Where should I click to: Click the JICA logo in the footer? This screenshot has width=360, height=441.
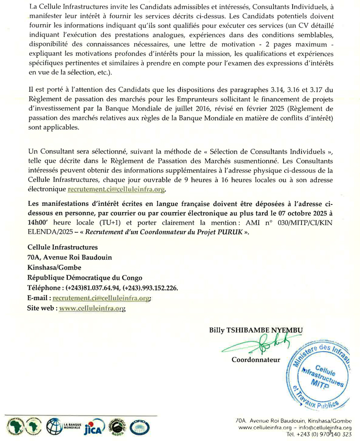[95, 427]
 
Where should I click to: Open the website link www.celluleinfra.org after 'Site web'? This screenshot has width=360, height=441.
[92, 308]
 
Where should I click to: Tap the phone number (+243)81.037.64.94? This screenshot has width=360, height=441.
[98, 288]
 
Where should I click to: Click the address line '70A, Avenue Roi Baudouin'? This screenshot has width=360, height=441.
[69, 258]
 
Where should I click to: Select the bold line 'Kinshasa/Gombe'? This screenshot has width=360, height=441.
[53, 268]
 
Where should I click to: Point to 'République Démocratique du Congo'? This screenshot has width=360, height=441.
[85, 278]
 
